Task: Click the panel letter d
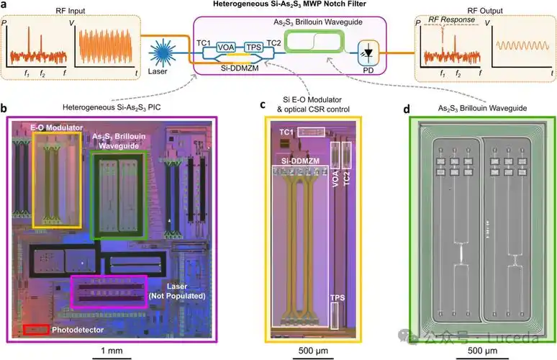(x=407, y=109)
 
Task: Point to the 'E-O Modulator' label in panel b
(x=53, y=127)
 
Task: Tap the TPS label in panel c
(x=337, y=296)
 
